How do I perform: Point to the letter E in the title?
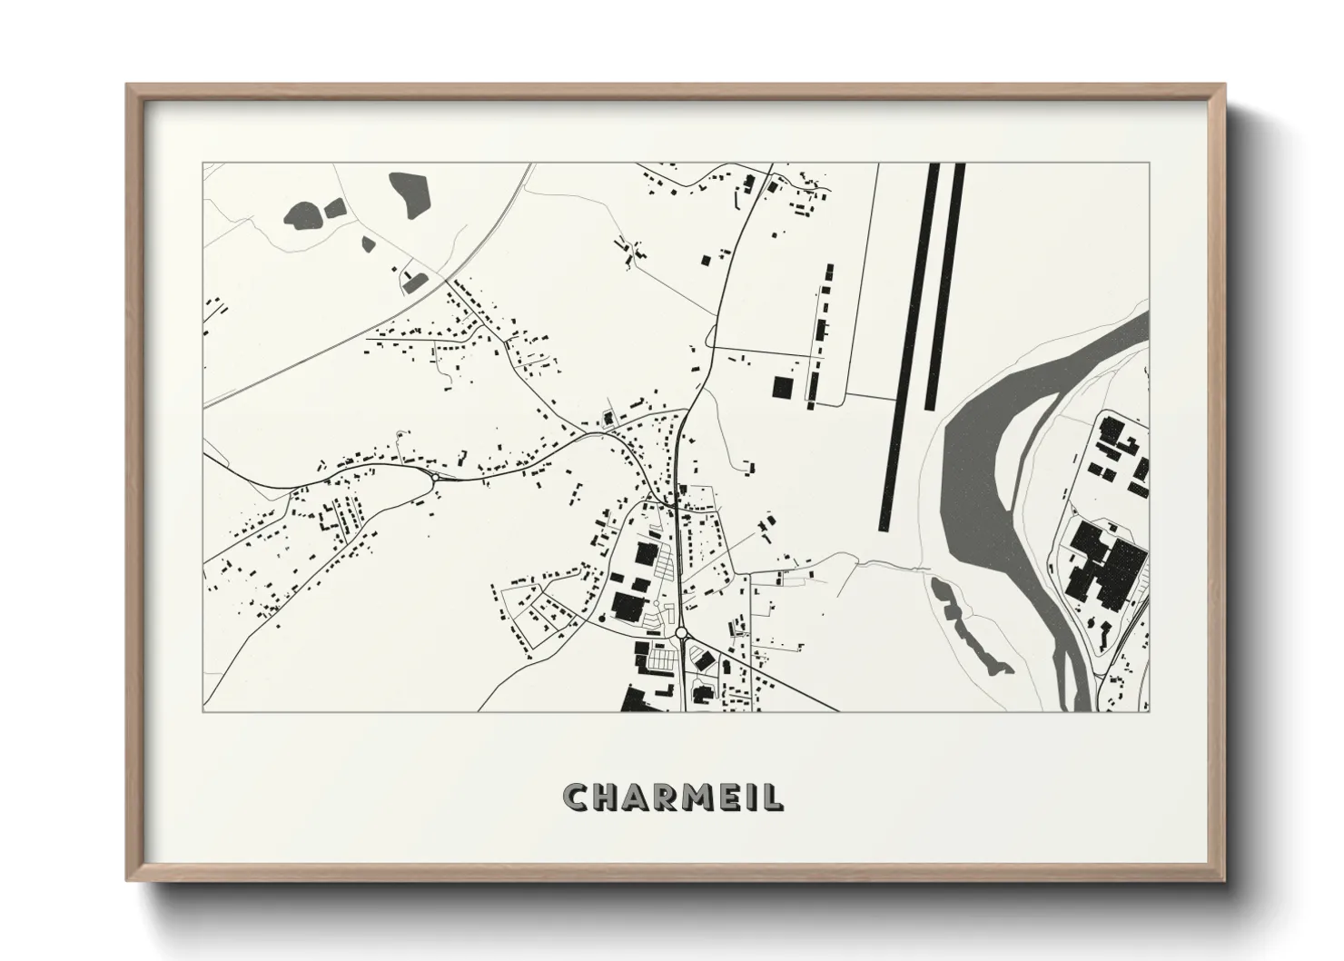[x=727, y=797]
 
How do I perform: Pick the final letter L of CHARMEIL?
[x=773, y=797]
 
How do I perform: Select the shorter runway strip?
[x=945, y=286]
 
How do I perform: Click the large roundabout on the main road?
[x=680, y=632]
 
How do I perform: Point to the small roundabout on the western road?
[x=435, y=476]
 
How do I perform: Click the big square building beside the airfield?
[x=782, y=386]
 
